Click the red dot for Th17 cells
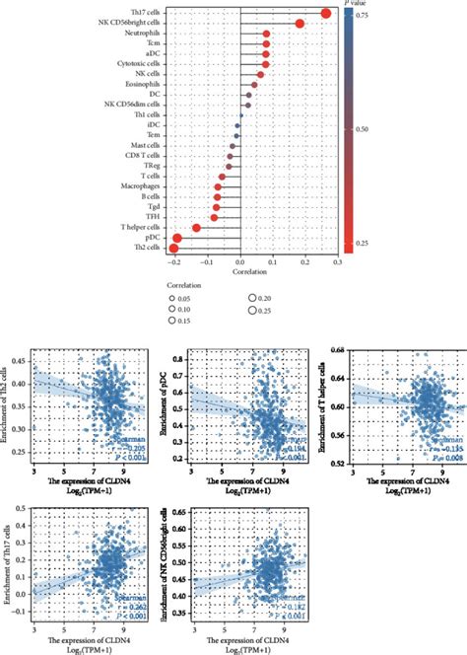[326, 12]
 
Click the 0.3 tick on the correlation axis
[337, 262]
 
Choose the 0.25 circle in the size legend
[255, 310]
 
